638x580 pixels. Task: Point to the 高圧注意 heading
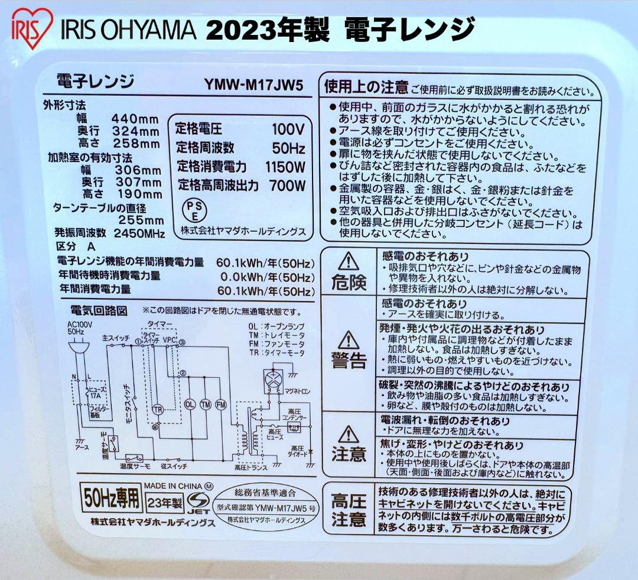click(349, 511)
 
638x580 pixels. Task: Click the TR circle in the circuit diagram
click(158, 409)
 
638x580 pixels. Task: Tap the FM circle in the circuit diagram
click(221, 404)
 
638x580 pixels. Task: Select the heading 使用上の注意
click(366, 88)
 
